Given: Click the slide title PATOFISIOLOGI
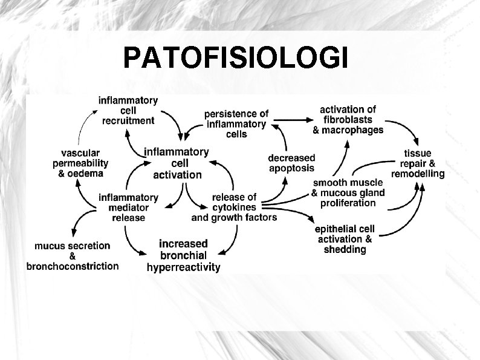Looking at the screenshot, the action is click(x=235, y=59).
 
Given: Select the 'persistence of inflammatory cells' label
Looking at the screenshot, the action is click(x=236, y=123).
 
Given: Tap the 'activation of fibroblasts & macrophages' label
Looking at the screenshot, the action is click(x=348, y=119).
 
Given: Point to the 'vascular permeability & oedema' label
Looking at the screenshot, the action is click(x=80, y=163).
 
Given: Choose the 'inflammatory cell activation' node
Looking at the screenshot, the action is click(x=177, y=163).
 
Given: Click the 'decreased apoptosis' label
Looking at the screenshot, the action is click(x=291, y=163).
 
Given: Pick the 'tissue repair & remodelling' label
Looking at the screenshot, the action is click(x=418, y=163).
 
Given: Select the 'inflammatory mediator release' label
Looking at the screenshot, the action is click(x=128, y=207).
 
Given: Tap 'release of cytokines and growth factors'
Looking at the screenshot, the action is click(x=235, y=206).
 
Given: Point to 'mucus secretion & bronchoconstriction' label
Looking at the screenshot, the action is click(x=73, y=255).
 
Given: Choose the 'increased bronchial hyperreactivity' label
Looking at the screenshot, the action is click(x=184, y=255).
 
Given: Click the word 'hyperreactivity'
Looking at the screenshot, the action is click(x=184, y=266).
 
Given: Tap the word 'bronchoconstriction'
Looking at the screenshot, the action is click(x=73, y=266).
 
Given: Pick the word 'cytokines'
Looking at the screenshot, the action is click(x=235, y=206).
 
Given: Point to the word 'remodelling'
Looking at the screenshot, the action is click(x=418, y=173).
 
